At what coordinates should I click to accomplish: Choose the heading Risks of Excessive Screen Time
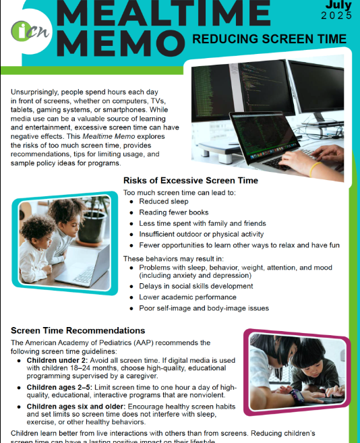pos(191,181)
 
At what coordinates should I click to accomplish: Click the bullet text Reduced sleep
pos(164,201)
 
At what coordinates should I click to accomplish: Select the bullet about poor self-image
pos(204,308)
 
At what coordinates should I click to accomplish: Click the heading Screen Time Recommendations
pos(78,331)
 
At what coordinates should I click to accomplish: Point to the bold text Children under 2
pos(55,361)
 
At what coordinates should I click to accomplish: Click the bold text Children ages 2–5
pos(59,387)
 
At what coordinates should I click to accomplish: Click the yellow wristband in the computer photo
pos(314,169)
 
